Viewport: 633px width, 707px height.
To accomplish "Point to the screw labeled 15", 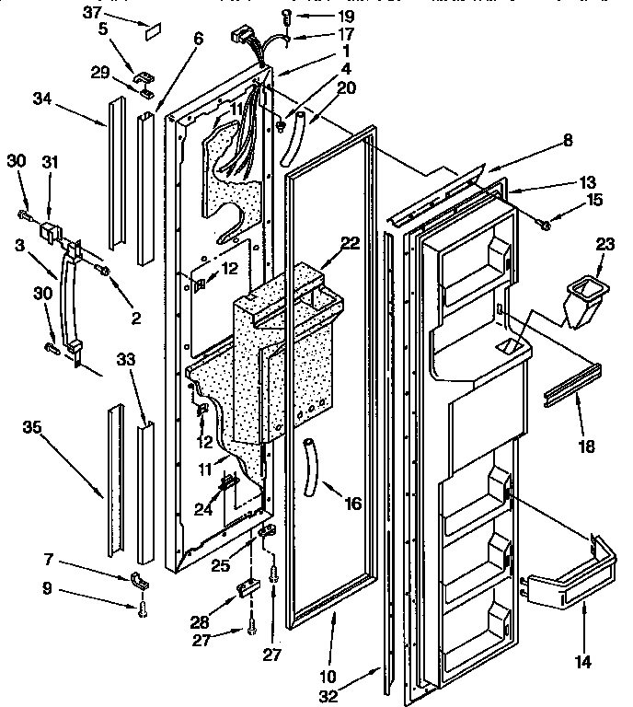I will coord(546,224).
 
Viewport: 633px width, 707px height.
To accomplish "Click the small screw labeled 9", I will coord(141,608).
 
